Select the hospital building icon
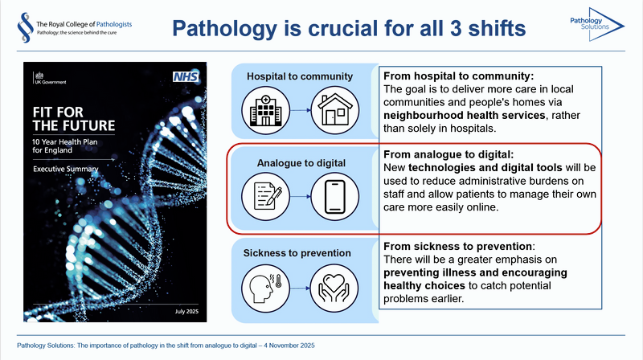coord(263,109)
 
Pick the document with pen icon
coord(263,194)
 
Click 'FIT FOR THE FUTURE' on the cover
coord(68,117)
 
